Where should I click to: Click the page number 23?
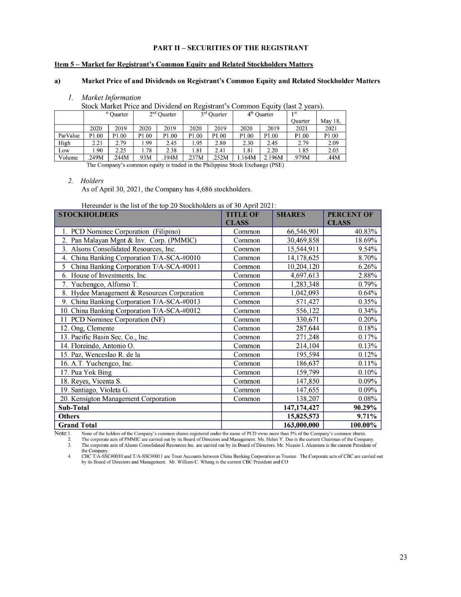coord(403,557)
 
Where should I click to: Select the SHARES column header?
coord(291,215)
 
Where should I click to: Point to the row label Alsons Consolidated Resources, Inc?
coord(123,249)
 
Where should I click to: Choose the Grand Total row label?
coord(78,425)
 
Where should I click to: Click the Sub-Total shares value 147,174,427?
coord(301,408)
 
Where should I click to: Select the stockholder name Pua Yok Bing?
coord(91,372)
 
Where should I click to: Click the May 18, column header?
coord(331,121)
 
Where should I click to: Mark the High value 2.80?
coord(220,143)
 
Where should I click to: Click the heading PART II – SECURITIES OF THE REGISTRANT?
coord(230,48)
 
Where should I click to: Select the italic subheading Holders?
coord(92,181)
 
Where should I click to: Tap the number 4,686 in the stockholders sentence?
coord(193,189)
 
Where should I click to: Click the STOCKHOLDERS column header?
coord(88,215)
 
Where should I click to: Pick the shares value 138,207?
coord(306,399)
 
